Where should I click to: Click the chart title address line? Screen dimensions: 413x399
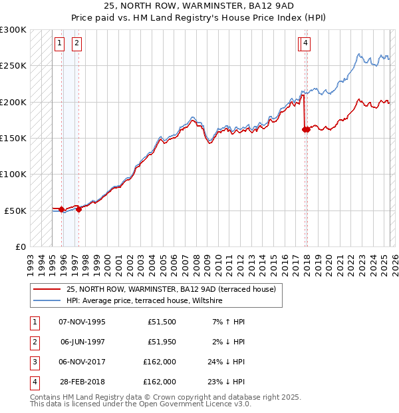pos(199,6)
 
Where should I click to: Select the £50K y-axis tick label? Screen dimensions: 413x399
pos(15,210)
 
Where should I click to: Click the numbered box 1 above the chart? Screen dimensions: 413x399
pos(59,44)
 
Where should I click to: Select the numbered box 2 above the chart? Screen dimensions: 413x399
pos(76,44)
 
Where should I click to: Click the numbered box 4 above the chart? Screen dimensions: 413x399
pos(305,44)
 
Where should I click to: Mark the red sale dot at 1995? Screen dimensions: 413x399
pos(62,209)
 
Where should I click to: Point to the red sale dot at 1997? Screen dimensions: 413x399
pos(79,209)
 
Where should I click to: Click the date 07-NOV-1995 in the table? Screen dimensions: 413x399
pos(82,322)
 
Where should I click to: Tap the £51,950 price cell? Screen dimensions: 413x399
pos(160,342)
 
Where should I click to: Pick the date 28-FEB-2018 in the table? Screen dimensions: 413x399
pos(82,382)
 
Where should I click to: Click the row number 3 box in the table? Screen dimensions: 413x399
pos(34,362)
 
